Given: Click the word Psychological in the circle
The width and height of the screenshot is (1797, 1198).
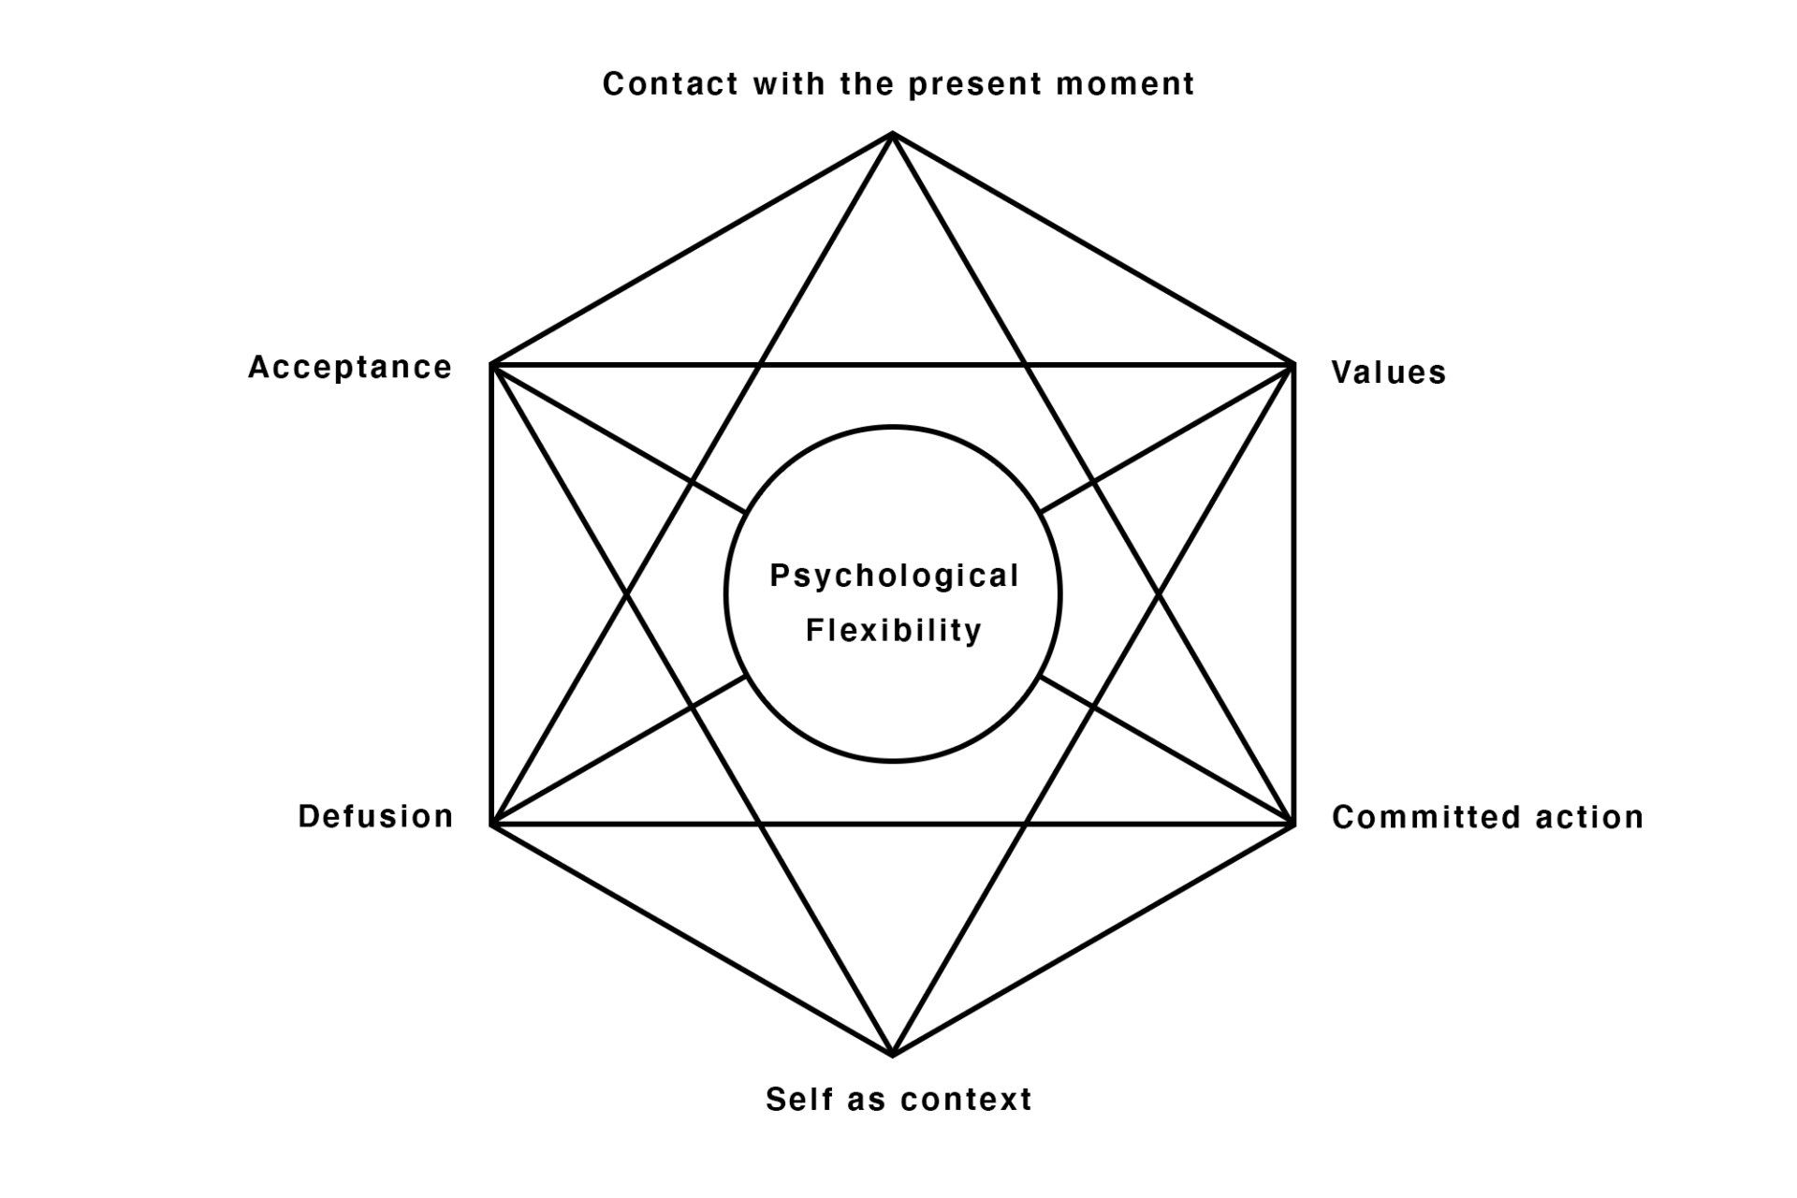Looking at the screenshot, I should (894, 576).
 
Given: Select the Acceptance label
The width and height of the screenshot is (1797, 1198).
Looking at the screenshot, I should (350, 367).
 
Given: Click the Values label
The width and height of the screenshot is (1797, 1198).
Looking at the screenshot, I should (1389, 373).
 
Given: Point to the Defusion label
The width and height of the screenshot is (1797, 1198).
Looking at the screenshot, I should (375, 816).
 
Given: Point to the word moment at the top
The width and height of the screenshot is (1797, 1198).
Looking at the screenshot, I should (1126, 84).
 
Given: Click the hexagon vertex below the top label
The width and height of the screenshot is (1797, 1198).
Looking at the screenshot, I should (893, 135).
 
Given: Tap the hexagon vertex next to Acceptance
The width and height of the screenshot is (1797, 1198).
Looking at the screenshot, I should (492, 364).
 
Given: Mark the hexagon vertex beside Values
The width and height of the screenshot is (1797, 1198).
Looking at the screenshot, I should (1293, 364).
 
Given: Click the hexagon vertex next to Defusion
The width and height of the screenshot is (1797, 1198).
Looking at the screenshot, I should (492, 825).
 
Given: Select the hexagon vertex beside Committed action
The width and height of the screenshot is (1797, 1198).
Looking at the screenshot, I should (1293, 825).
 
